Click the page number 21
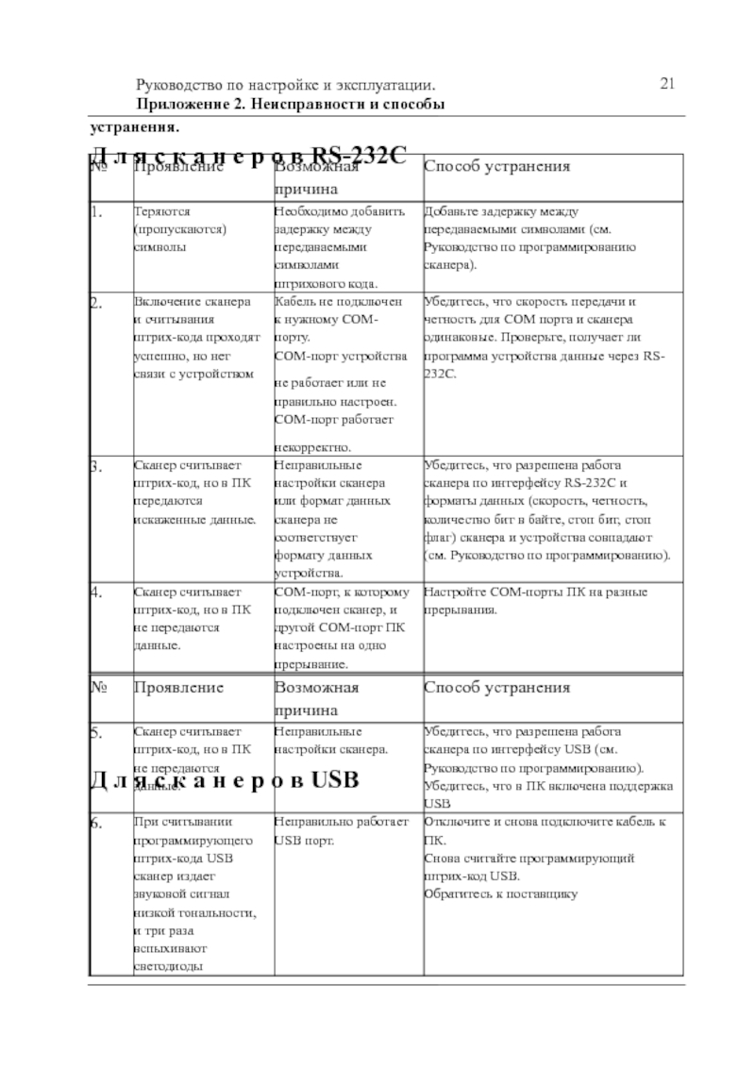(667, 85)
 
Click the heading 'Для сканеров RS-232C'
(247, 156)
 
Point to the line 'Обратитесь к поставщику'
(499, 893)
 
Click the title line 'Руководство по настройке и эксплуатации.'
(286, 86)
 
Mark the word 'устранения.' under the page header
(133, 126)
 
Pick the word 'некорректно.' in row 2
(311, 447)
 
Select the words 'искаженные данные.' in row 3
(194, 520)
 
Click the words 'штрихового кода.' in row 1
(325, 282)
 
